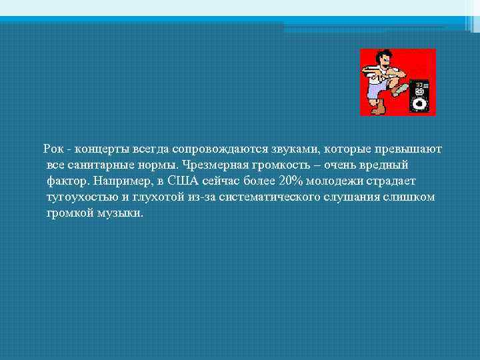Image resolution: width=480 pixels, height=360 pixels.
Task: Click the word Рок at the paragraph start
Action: pyautogui.click(x=53, y=147)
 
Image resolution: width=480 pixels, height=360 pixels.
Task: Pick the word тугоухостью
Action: pyautogui.click(x=80, y=197)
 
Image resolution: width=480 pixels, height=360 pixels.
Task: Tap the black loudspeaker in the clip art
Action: pyautogui.click(x=419, y=96)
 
